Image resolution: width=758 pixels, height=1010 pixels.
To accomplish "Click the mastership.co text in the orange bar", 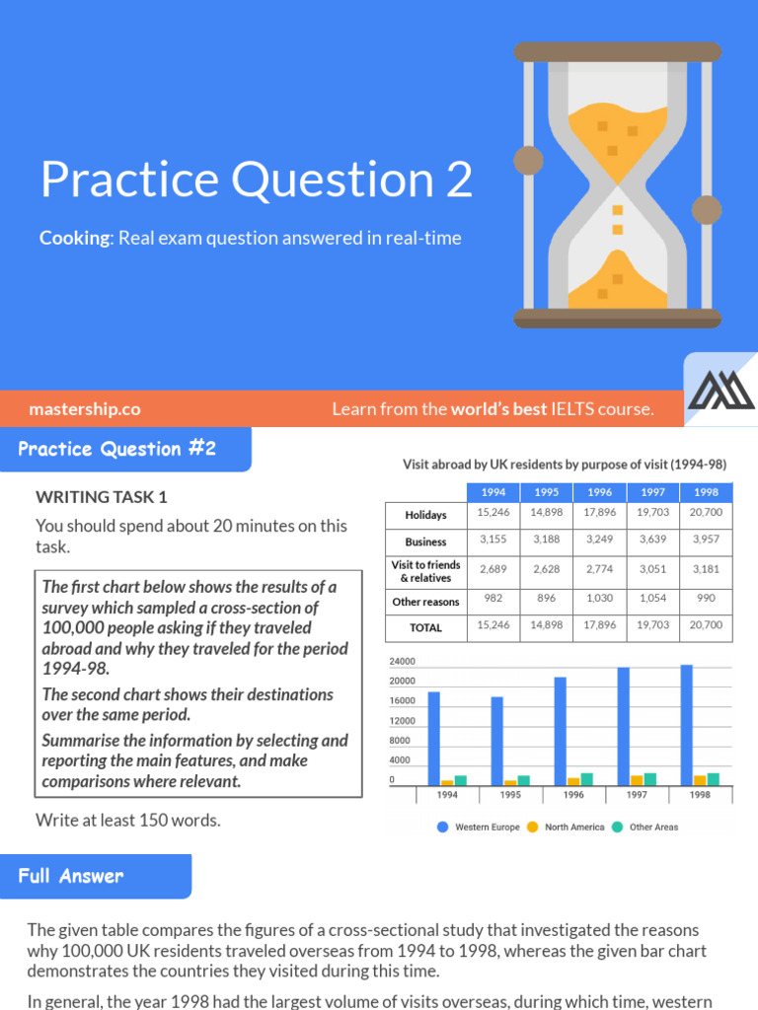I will (85, 408).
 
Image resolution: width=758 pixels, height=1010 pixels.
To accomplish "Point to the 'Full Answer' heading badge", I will (71, 875).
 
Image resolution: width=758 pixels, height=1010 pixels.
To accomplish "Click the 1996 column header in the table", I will (599, 491).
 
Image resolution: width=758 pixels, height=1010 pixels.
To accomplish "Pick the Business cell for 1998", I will (706, 541).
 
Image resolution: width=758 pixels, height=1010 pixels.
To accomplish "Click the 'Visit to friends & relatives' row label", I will (425, 571).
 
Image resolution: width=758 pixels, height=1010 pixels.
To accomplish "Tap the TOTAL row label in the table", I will (425, 627).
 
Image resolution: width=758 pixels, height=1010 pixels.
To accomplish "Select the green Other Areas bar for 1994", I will (461, 779).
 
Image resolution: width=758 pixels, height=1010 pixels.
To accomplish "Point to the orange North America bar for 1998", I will (700, 779).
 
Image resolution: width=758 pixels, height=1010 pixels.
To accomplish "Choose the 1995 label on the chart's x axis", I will (510, 794).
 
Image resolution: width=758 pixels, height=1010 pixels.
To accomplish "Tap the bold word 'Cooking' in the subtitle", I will (76, 238).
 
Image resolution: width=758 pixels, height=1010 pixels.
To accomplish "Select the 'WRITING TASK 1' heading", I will (102, 497).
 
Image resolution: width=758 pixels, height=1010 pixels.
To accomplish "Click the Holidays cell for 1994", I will (493, 513).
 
